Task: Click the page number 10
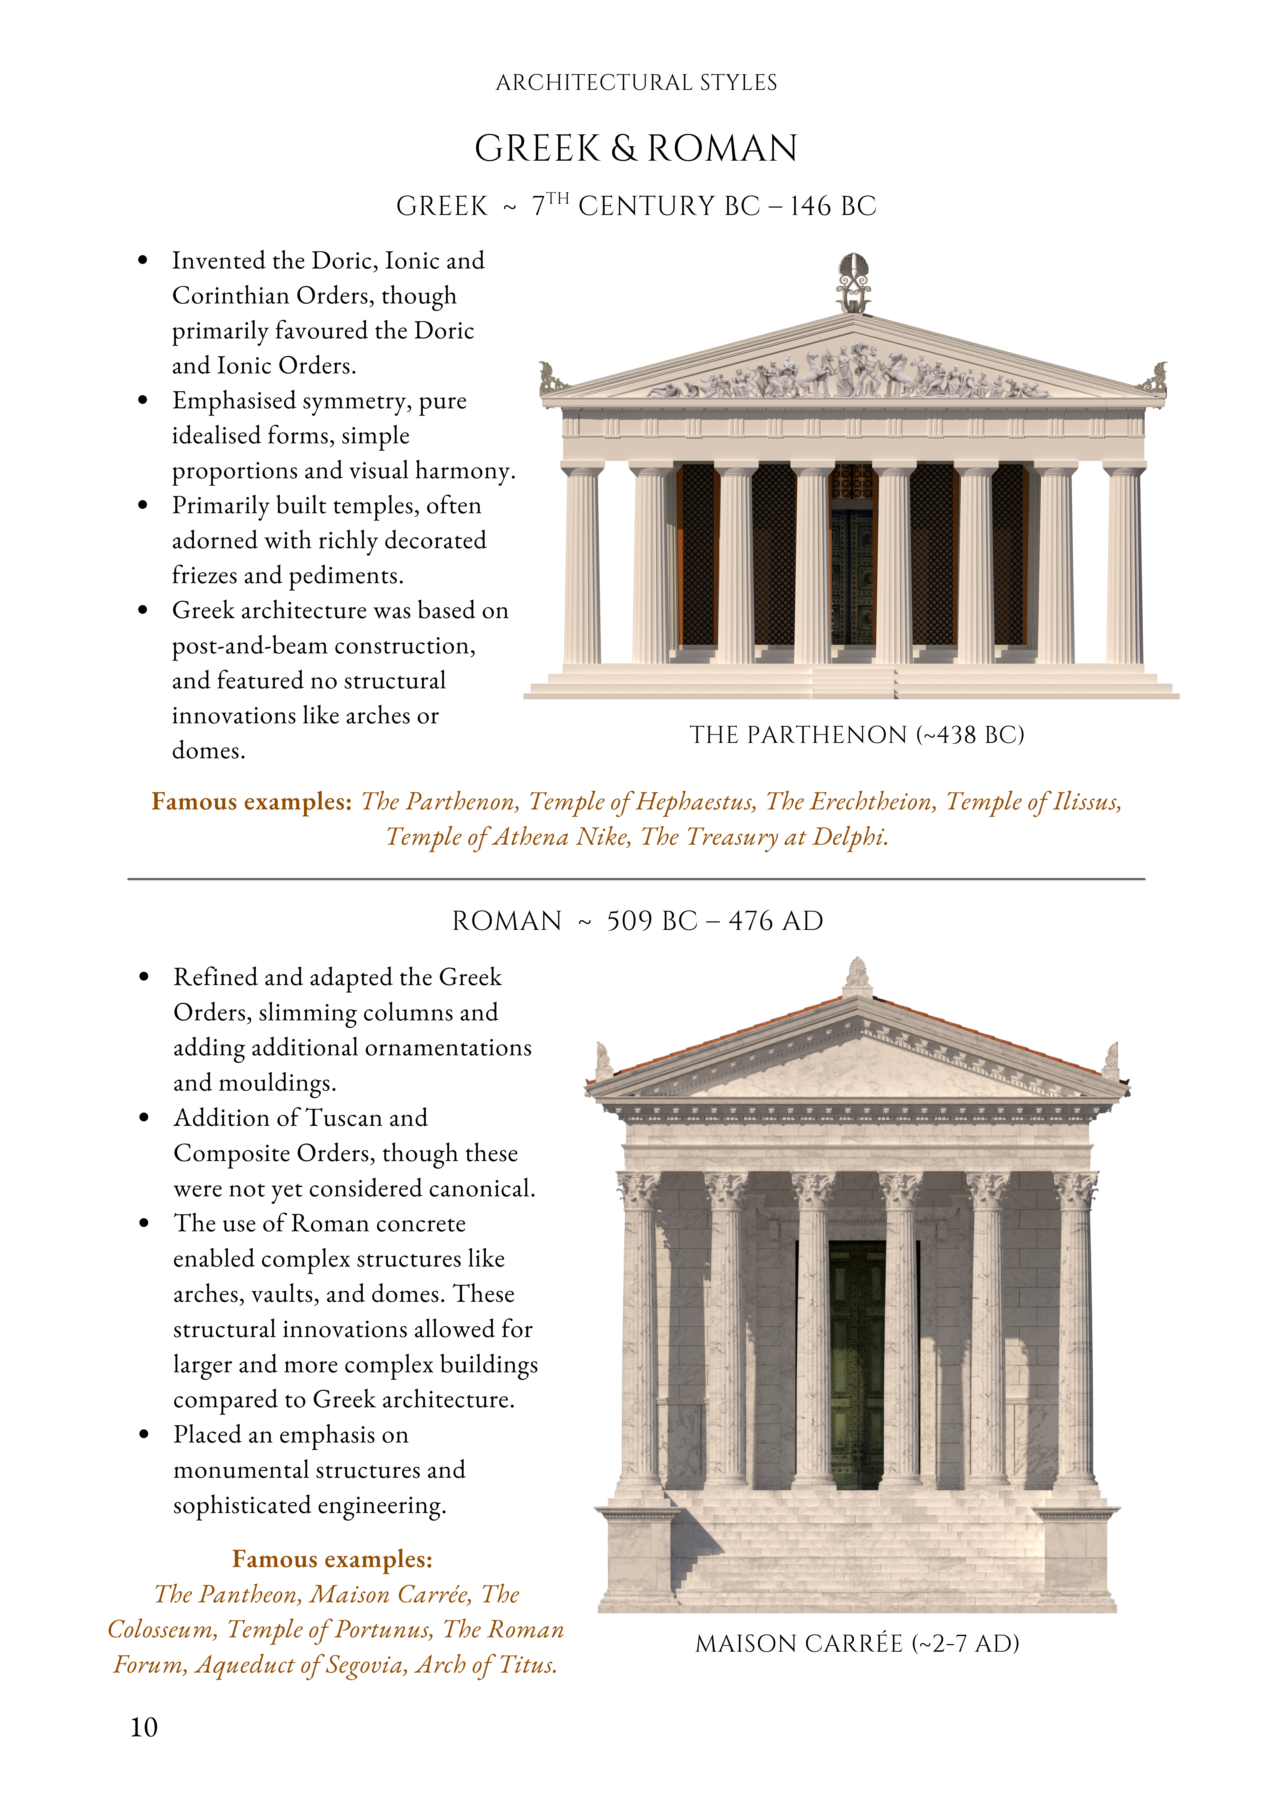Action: (144, 1727)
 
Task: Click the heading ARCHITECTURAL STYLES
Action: (636, 83)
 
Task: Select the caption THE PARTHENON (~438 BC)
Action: (857, 735)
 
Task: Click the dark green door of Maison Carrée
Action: (857, 1365)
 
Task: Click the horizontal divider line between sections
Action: (636, 879)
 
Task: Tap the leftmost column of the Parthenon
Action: (582, 566)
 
